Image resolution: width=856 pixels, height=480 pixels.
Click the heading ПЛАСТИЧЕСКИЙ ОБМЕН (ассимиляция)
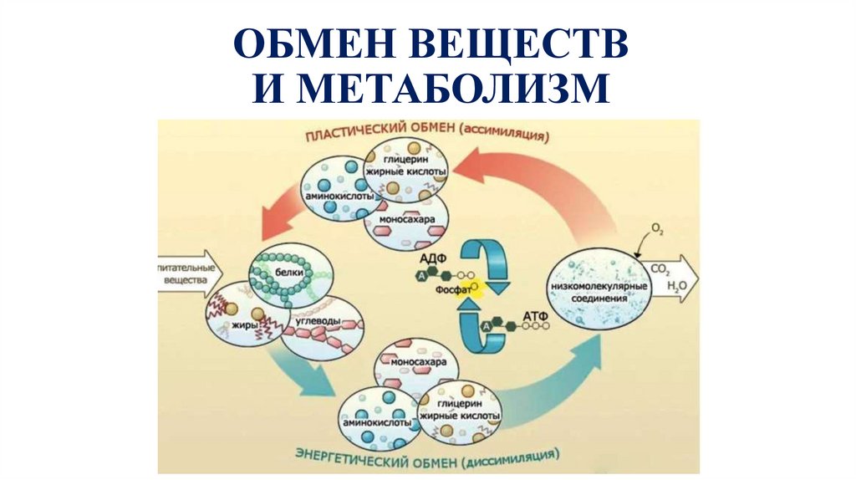426,135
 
